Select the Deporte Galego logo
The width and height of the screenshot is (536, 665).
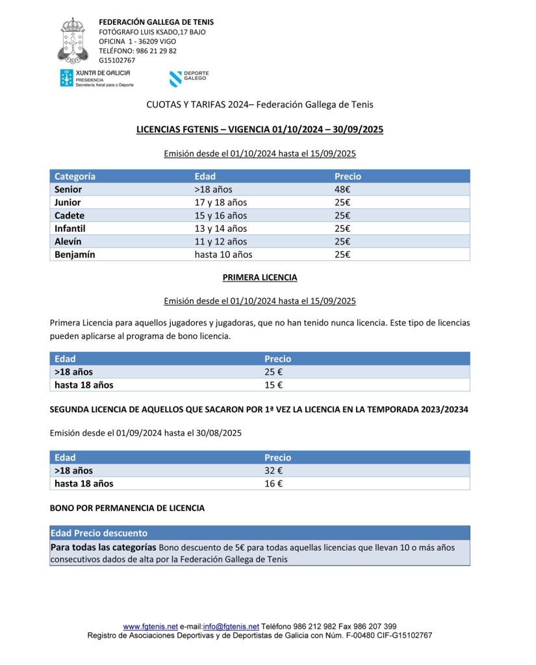(x=189, y=79)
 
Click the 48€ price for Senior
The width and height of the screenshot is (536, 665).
(x=342, y=190)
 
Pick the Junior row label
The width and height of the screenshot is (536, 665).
(x=68, y=203)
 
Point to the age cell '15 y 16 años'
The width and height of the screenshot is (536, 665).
(x=221, y=216)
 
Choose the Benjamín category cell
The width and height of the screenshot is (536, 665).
(x=75, y=255)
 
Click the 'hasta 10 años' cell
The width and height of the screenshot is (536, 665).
(x=223, y=255)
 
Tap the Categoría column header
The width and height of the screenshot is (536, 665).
(x=75, y=177)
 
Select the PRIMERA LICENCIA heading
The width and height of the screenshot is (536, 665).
(x=260, y=277)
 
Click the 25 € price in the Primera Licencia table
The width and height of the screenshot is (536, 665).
(x=274, y=372)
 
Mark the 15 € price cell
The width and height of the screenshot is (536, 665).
(x=274, y=385)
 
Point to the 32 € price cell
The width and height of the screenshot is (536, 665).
(x=274, y=471)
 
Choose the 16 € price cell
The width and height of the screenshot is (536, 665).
(x=274, y=484)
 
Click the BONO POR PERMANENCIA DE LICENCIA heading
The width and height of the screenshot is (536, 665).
(x=127, y=508)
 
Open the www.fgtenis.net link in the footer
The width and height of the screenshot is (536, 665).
(x=150, y=627)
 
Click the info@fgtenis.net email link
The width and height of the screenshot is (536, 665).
(x=231, y=627)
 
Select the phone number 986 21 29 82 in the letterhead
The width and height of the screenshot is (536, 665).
(x=156, y=51)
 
